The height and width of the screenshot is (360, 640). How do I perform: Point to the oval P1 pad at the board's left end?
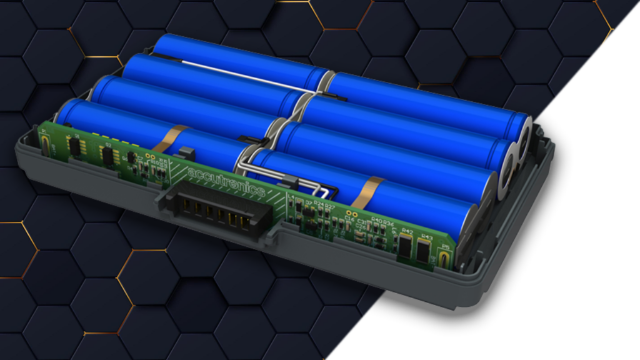(x=49, y=146)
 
